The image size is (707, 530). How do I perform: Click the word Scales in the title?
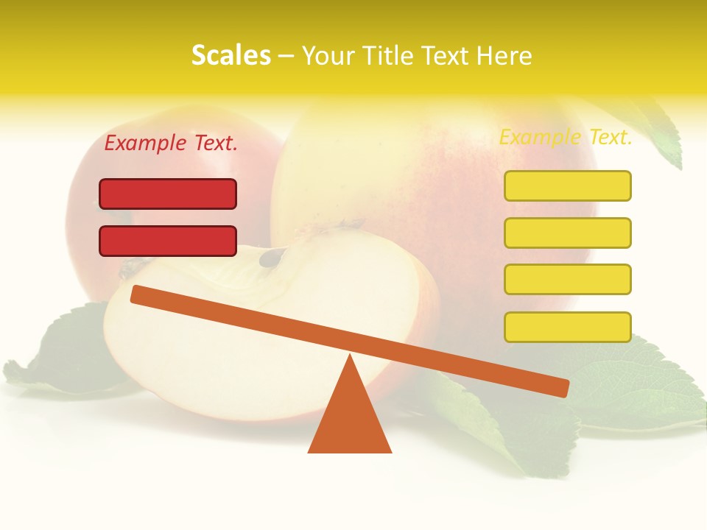231,55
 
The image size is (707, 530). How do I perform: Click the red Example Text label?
171,144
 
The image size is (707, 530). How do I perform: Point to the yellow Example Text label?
566,137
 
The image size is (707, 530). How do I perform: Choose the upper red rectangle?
168,194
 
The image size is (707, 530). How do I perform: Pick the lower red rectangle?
168,241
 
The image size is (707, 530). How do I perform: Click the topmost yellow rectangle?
567,186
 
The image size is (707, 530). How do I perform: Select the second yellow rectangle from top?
567,233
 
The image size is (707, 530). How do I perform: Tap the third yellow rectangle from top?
567,280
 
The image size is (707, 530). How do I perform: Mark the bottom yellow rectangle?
567,327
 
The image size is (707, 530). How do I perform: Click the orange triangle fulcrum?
349,420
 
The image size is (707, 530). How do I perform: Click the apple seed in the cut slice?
273,257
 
